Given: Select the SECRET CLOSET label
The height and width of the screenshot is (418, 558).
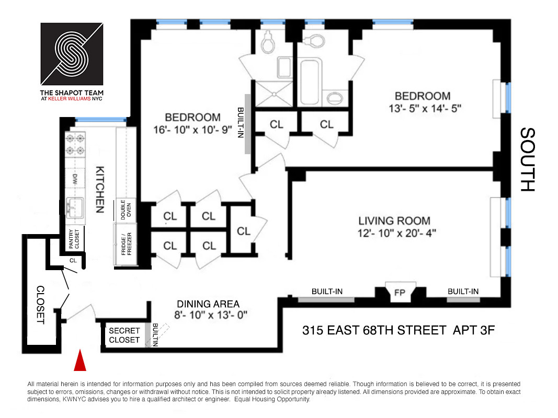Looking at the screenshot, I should coord(124,335).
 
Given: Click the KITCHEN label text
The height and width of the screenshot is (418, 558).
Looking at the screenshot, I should coord(99,189).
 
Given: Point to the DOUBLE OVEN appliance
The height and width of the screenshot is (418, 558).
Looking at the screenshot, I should coord(126,210).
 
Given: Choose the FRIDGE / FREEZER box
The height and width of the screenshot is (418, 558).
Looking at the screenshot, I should coord(126,243).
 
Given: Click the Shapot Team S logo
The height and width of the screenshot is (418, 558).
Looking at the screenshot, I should coord(72,51).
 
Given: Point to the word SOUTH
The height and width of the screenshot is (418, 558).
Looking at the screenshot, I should coord(528,160).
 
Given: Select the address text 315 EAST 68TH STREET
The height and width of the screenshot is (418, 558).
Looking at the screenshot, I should coord(373,330).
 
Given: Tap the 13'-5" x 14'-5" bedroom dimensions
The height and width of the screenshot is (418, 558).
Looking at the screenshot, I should coord(423,109).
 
